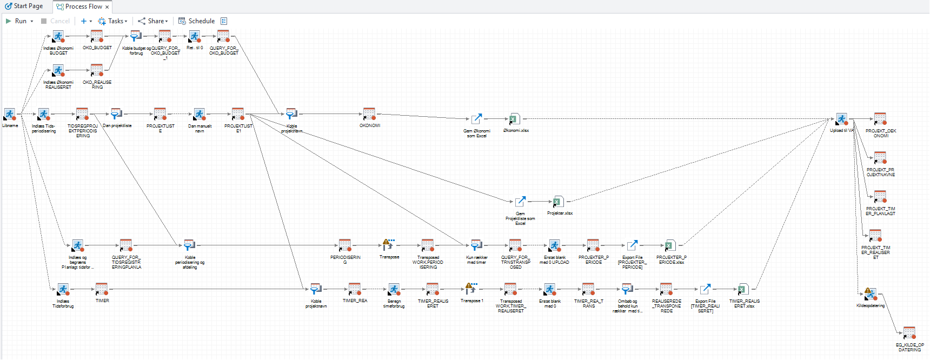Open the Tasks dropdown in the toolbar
[x=112, y=21]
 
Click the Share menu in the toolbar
[x=153, y=21]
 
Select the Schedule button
[x=197, y=21]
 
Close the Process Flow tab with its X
[x=107, y=7]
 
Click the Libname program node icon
[x=10, y=114]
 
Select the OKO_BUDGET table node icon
[x=97, y=36]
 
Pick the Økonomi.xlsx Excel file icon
[x=513, y=119]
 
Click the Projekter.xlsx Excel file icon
[x=557, y=202]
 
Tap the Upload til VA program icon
[x=841, y=119]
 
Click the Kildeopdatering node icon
[x=870, y=294]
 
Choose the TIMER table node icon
[x=102, y=289]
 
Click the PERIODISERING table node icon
[x=345, y=245]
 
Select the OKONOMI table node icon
[x=369, y=114]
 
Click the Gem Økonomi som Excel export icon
[x=476, y=119]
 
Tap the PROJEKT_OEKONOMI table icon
[x=880, y=119]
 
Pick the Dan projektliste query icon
[x=116, y=114]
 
